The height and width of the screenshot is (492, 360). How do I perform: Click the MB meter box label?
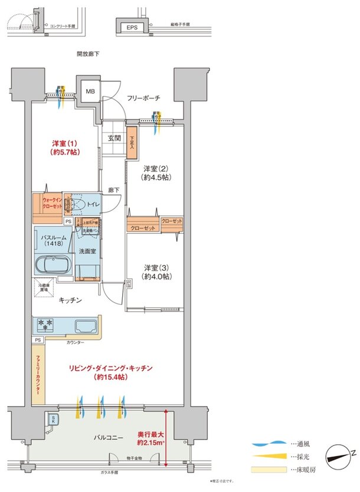[x=90, y=91]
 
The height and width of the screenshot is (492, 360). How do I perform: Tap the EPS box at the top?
[x=130, y=27]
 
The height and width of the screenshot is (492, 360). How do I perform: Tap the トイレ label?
[x=93, y=204]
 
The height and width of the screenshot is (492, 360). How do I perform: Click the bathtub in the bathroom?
[x=53, y=264]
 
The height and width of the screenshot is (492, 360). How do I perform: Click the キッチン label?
[x=70, y=300]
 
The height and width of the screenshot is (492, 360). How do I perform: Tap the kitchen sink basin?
[x=86, y=325]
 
